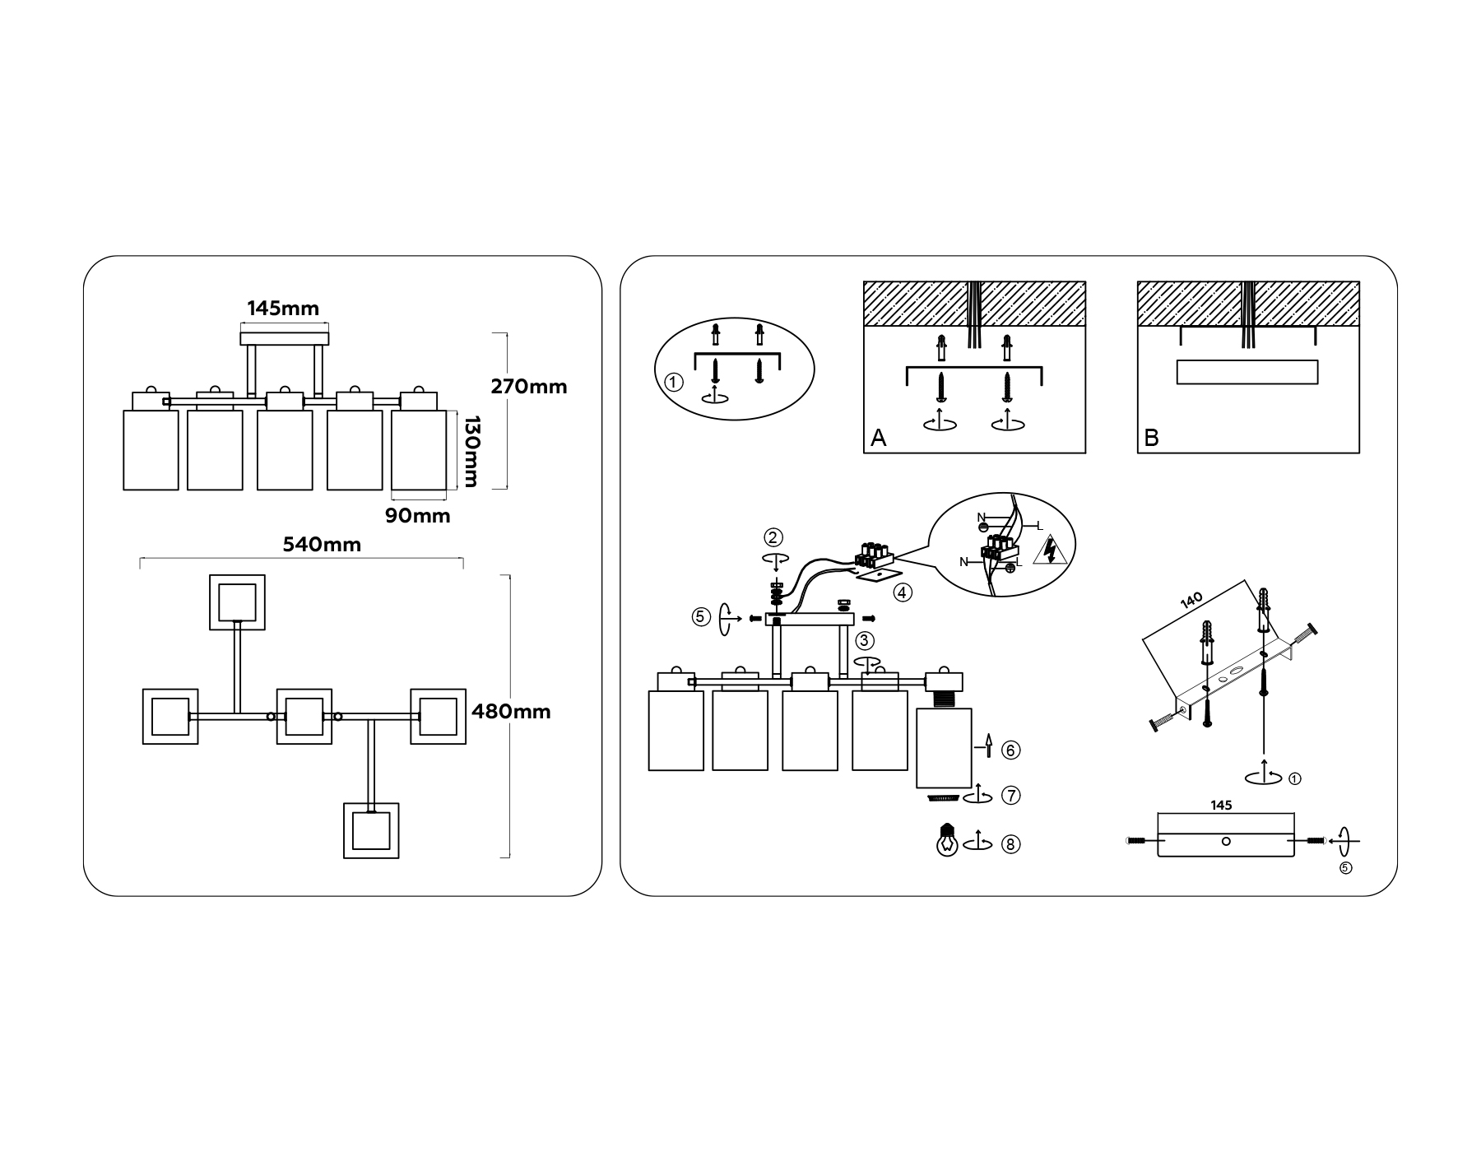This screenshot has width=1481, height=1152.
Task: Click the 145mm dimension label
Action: pyautogui.click(x=283, y=309)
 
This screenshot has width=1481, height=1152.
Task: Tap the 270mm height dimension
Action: pyautogui.click(x=529, y=386)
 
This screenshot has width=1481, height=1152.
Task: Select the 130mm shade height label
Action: pyautogui.click(x=470, y=451)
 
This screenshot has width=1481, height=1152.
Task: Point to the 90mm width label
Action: pyautogui.click(x=418, y=516)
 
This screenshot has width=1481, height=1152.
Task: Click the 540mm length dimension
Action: pyautogui.click(x=322, y=544)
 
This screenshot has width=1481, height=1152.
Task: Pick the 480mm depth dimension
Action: pyautogui.click(x=511, y=711)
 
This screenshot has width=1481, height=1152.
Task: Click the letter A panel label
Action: pyautogui.click(x=879, y=439)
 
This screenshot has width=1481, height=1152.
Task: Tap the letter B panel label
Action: pyautogui.click(x=1152, y=439)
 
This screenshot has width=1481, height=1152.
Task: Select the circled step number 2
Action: pyautogui.click(x=773, y=537)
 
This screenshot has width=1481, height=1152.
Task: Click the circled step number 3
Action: pyautogui.click(x=865, y=640)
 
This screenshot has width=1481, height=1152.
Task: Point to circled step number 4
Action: pyautogui.click(x=903, y=592)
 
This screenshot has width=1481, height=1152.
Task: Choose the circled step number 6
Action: pyautogui.click(x=1011, y=750)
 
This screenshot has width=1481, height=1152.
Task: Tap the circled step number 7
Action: pyautogui.click(x=1011, y=796)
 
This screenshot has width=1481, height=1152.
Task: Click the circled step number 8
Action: pyautogui.click(x=1011, y=844)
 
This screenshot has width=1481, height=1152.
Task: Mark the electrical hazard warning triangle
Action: pyautogui.click(x=1049, y=550)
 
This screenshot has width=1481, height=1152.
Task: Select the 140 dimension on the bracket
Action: pyautogui.click(x=1192, y=600)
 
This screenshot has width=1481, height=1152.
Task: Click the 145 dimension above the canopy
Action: pyautogui.click(x=1221, y=806)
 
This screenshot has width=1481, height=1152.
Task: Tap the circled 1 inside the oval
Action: pyautogui.click(x=674, y=383)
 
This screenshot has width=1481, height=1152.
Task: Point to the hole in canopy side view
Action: pyautogui.click(x=1226, y=841)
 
